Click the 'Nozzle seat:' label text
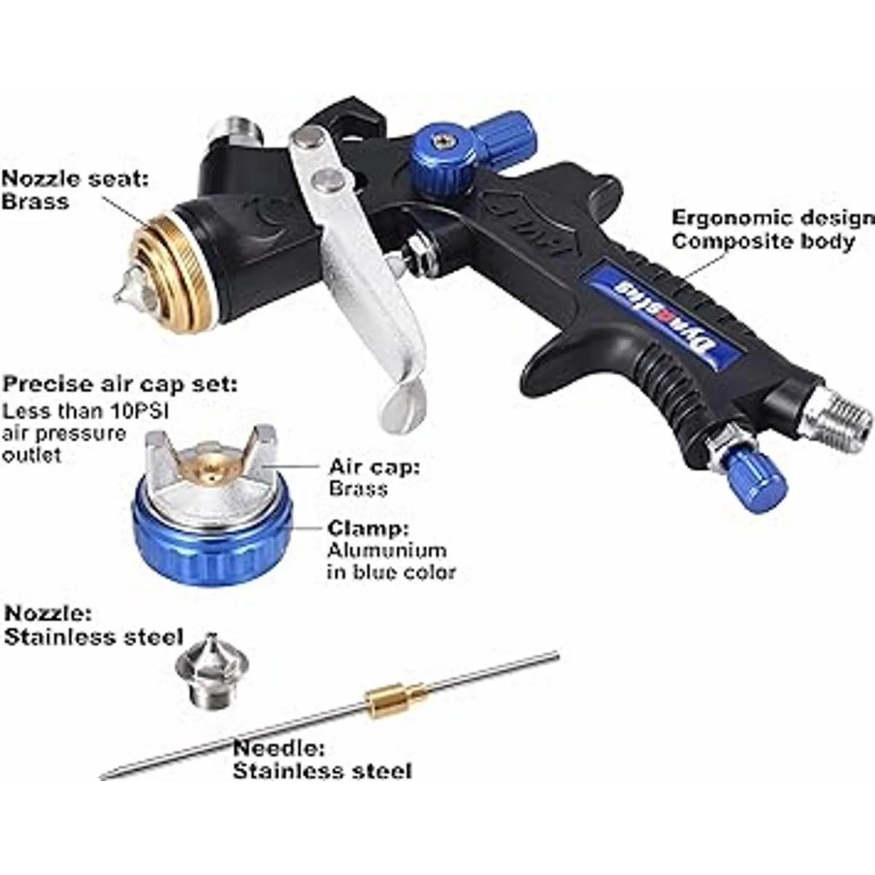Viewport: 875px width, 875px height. pos(75,179)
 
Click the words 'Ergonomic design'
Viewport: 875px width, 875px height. pos(773,218)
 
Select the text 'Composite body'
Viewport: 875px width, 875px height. pos(763,241)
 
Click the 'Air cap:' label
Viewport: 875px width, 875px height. pos(374,467)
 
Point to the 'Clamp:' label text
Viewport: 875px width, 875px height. pos(368,528)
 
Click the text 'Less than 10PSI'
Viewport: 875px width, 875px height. pos(86,411)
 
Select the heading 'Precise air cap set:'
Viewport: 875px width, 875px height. pos(120,384)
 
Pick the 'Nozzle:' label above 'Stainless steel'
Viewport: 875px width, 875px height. pos(48,614)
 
